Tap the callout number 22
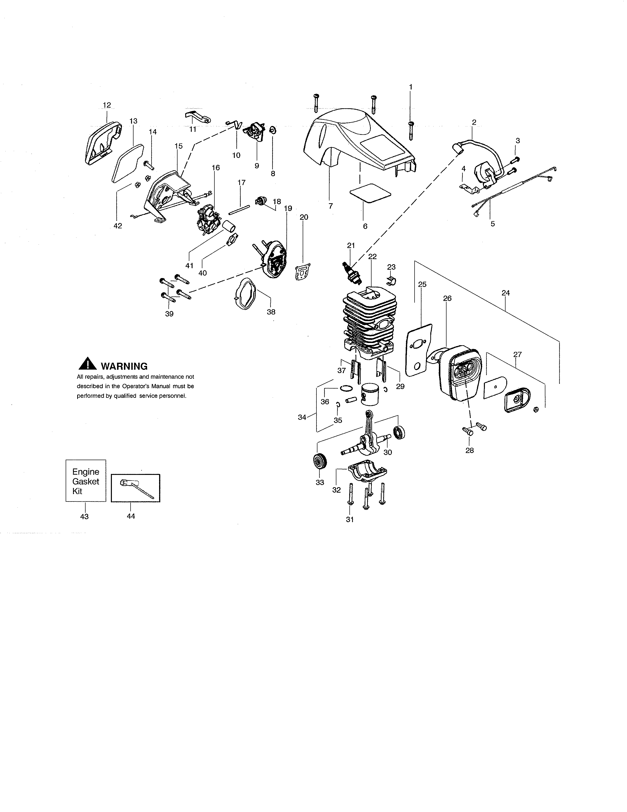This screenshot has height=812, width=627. tap(372, 257)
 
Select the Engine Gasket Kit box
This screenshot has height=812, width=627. tap(86, 481)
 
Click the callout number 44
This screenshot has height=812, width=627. tap(131, 516)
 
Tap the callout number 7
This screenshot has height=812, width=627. tap(330, 206)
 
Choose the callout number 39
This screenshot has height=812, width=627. tap(169, 314)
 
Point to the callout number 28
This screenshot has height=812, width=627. tap(469, 451)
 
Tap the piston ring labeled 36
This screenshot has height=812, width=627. tap(345, 389)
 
